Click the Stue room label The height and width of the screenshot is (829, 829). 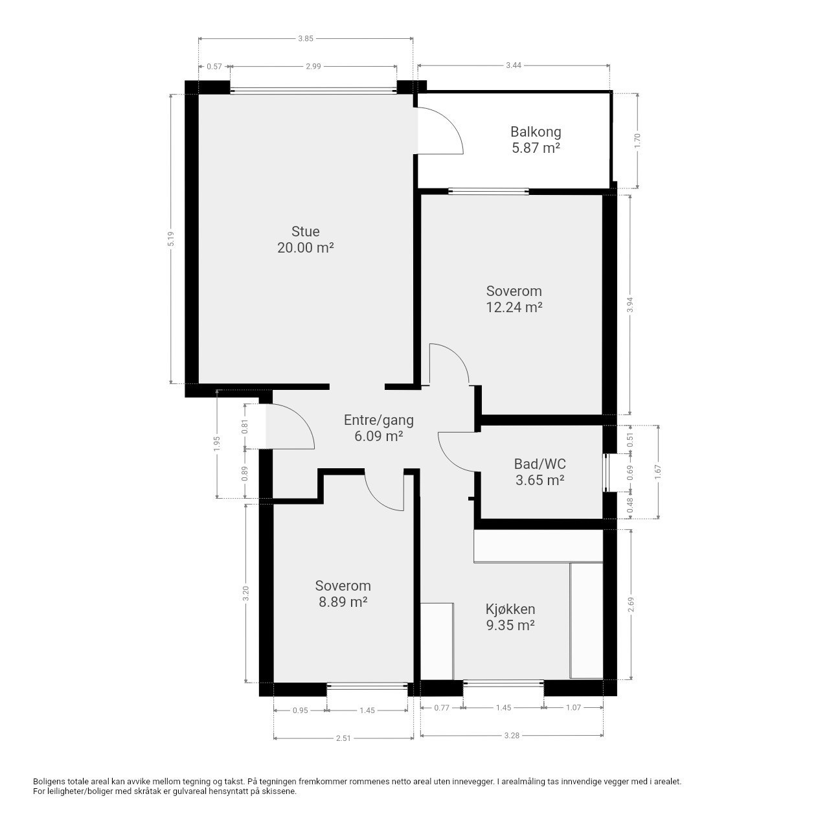coord(306,231)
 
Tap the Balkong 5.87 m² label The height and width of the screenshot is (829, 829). coord(536,140)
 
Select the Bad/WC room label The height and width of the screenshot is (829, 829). coord(540,464)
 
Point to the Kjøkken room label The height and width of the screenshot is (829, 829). coord(510,609)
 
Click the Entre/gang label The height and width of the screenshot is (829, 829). coord(379,420)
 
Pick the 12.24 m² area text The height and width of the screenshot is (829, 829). coord(514,307)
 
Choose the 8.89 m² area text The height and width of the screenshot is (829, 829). coord(343,602)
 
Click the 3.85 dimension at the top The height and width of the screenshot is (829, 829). coord(306,39)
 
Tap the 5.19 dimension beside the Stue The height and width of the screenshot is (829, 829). coord(171,239)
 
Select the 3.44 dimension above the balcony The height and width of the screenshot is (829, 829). coord(514,65)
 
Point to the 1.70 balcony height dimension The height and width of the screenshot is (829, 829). coord(637,141)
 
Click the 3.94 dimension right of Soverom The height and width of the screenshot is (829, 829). coord(630,304)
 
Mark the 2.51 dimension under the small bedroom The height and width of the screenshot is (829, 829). coord(343,738)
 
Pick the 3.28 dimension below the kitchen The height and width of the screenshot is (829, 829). coord(512,735)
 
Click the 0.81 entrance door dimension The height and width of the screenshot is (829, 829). coord(245,426)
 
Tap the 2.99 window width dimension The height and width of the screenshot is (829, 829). coord(313,66)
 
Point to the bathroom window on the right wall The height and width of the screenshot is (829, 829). coord(606,472)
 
